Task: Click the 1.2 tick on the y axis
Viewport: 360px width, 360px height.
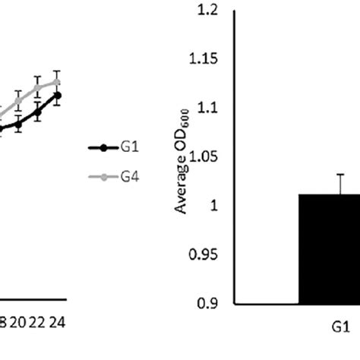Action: tap(207, 11)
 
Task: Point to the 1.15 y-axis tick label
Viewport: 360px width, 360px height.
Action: tap(202, 59)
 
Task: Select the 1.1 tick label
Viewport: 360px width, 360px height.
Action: tap(207, 109)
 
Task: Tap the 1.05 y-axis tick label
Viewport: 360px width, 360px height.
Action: tap(202, 157)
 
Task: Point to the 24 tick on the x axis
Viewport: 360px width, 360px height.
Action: tap(56, 322)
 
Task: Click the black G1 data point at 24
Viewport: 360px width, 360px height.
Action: tap(57, 95)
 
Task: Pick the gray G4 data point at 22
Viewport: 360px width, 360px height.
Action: tap(37, 88)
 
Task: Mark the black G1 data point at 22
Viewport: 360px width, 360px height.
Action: tap(37, 112)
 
